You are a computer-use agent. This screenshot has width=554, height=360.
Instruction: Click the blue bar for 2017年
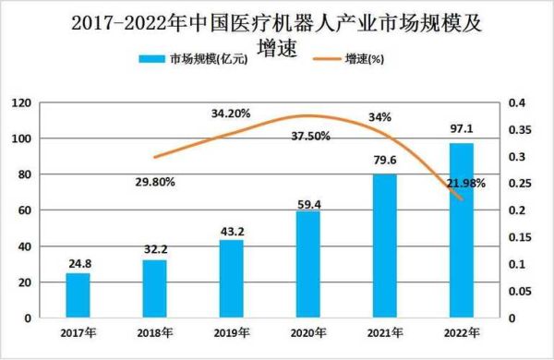coord(78,295)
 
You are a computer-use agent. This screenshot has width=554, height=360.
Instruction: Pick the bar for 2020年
coord(307,264)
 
